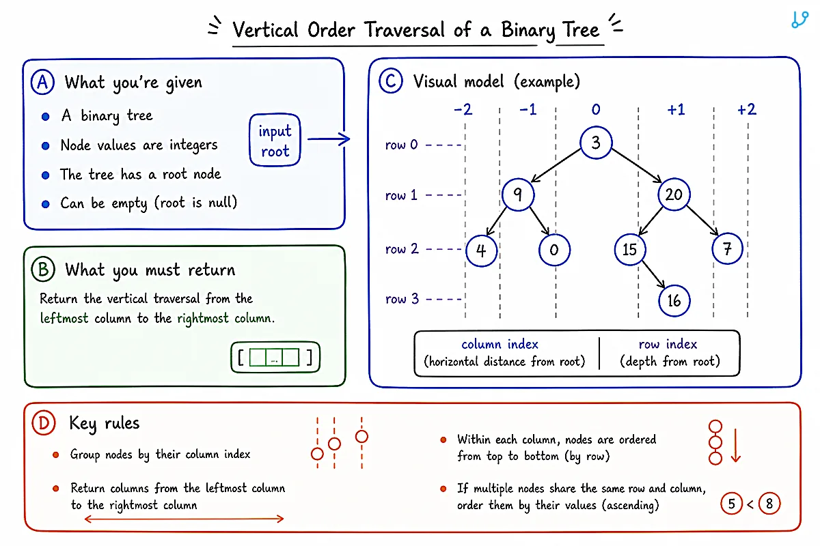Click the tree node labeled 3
[596, 142]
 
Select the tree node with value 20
[674, 195]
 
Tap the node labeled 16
[674, 300]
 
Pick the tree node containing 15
[630, 249]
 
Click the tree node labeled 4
[481, 250]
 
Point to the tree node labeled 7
[727, 248]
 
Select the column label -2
[463, 109]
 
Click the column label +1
[676, 109]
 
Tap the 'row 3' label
[402, 299]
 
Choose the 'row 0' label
[401, 145]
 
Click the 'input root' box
[275, 140]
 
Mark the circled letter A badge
[42, 83]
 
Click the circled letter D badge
[43, 422]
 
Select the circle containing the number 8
[769, 504]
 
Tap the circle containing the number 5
[731, 504]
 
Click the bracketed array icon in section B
[275, 358]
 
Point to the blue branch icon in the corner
[799, 19]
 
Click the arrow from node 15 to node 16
[653, 274]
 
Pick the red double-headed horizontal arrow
[184, 519]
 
